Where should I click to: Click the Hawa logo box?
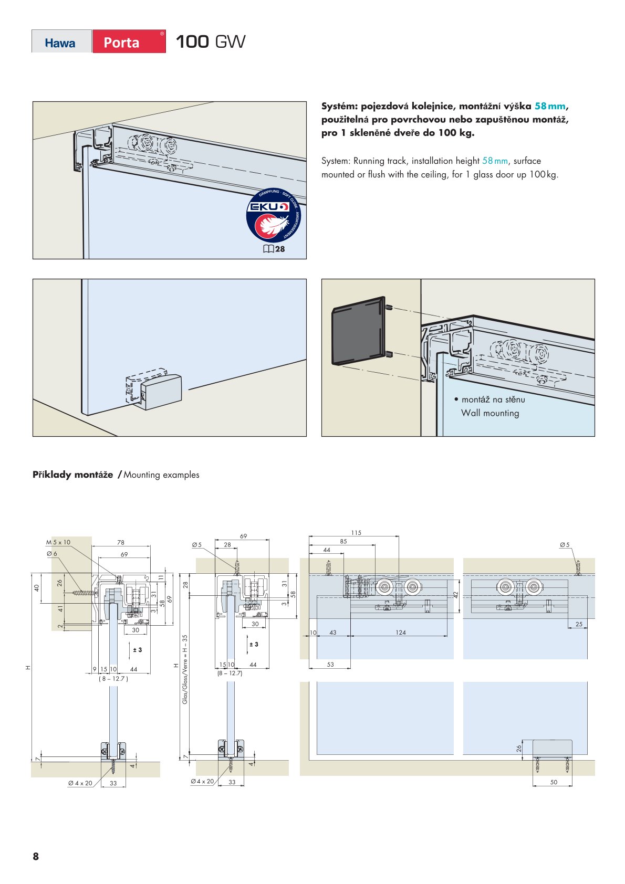(x=61, y=42)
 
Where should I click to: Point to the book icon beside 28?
(x=268, y=249)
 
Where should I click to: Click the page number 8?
(x=36, y=856)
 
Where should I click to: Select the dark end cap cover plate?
(x=358, y=331)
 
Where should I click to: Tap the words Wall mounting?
(x=490, y=413)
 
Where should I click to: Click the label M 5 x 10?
(x=58, y=542)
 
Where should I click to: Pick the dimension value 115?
(x=356, y=533)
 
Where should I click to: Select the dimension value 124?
(x=401, y=633)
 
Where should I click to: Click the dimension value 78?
(x=121, y=543)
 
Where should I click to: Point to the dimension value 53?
(x=330, y=665)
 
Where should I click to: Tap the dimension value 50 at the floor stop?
(x=554, y=782)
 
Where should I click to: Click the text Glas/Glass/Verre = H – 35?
(x=185, y=669)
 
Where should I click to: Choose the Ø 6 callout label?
(x=51, y=554)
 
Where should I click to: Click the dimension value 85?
(x=343, y=541)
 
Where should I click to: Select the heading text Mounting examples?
(x=161, y=475)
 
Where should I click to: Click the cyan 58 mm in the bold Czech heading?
(x=550, y=106)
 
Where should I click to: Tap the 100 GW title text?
(x=210, y=42)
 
